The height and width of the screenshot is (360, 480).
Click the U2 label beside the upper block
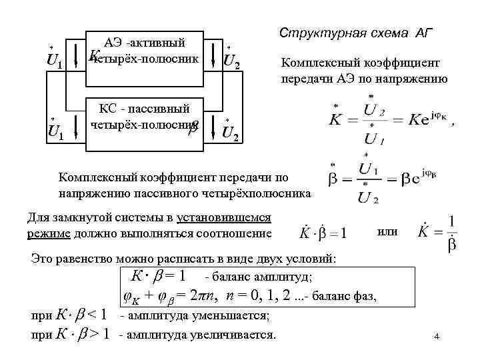click(x=231, y=62)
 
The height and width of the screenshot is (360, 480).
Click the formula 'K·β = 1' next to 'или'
click(x=323, y=233)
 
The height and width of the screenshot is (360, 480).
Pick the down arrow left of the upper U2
click(x=213, y=53)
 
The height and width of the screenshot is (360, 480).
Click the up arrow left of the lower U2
click(x=213, y=123)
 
